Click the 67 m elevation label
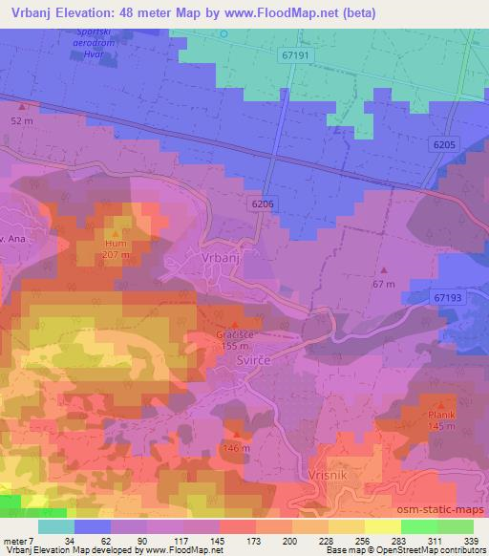click(384, 284)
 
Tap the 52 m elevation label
click(21, 121)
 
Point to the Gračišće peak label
click(235, 337)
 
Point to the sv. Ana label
click(10, 238)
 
